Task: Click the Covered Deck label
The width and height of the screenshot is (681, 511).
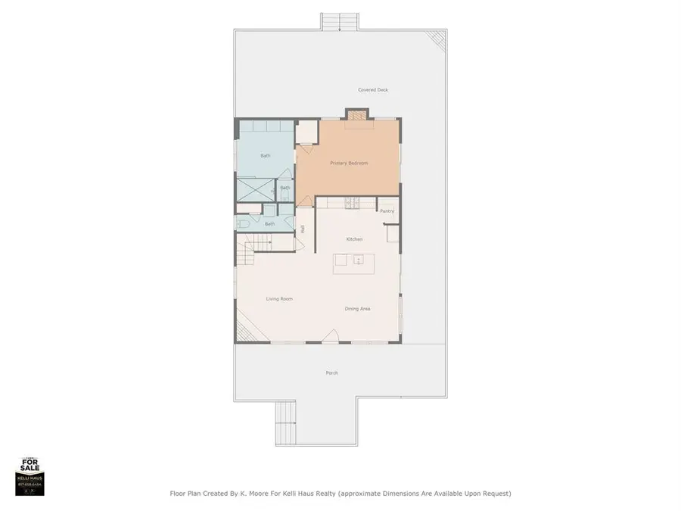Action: tap(373, 90)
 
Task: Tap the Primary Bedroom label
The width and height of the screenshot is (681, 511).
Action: tap(349, 163)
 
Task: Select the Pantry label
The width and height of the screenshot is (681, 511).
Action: tap(387, 211)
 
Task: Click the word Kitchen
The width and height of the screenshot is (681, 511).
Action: tap(355, 239)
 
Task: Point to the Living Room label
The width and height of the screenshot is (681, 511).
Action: tap(279, 299)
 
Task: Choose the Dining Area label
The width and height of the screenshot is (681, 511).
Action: tap(357, 309)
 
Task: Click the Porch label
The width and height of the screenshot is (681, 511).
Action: tap(331, 373)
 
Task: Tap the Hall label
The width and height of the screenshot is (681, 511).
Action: tap(302, 229)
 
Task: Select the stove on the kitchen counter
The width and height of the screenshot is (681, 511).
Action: tap(352, 203)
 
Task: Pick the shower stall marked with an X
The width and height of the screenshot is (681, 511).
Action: tap(255, 189)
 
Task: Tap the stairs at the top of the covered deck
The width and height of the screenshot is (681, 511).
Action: tap(332, 20)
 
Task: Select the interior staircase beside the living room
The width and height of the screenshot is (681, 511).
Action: tap(254, 248)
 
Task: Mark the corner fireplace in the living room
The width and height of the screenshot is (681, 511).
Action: tap(243, 329)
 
